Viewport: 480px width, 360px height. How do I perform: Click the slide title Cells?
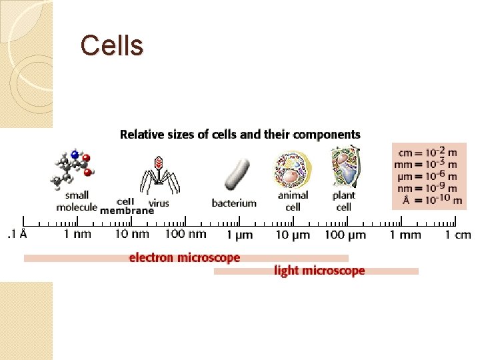(x=111, y=46)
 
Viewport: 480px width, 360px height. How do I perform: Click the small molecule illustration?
(x=73, y=169)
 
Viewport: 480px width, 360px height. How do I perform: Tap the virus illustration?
(x=159, y=175)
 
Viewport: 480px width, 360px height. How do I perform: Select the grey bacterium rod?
(x=236, y=174)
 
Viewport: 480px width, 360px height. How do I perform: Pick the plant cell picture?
(x=344, y=167)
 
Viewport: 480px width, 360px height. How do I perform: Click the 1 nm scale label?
(x=77, y=234)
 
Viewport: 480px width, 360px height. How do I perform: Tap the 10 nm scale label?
(x=131, y=234)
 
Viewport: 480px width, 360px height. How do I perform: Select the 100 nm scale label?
(x=186, y=234)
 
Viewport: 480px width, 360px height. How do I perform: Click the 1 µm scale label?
(x=239, y=235)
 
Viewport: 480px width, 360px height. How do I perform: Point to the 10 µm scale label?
(x=293, y=235)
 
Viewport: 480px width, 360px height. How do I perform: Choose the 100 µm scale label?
(x=345, y=235)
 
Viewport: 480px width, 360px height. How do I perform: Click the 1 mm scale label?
(x=405, y=235)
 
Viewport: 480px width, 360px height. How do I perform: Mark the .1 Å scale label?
(x=17, y=234)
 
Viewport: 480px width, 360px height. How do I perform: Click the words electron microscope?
(x=184, y=257)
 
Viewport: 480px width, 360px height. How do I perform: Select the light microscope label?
(x=319, y=271)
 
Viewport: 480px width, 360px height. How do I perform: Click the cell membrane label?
(x=127, y=206)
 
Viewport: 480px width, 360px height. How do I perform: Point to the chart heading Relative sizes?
(x=240, y=135)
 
